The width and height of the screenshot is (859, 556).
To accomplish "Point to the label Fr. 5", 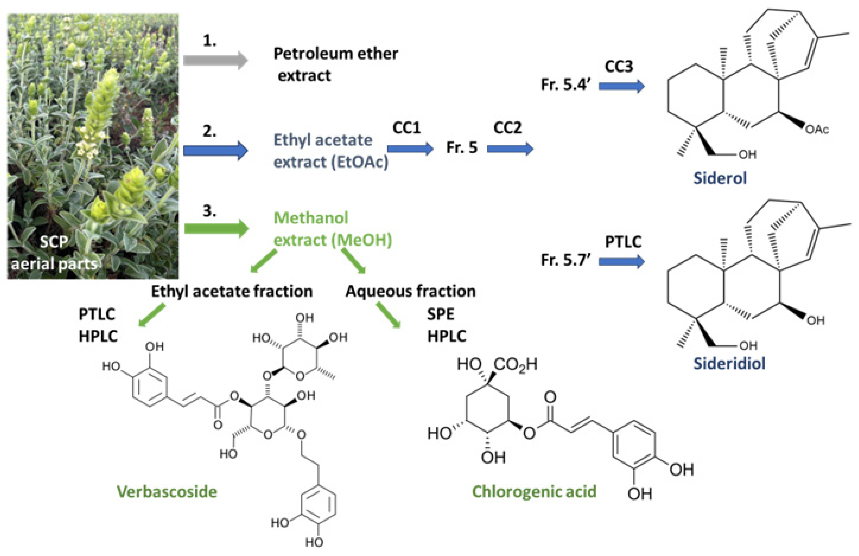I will pos(462,148).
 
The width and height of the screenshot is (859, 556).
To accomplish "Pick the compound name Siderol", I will pos(720,178).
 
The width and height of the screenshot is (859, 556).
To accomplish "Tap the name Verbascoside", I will pos(167,492).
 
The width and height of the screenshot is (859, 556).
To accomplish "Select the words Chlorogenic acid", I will pos(534,492).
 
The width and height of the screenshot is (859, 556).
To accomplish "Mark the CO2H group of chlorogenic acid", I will pos(515,364).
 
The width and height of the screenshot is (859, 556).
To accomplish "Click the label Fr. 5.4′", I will pos(565,85).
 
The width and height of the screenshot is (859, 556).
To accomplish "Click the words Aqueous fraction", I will pos(410,291).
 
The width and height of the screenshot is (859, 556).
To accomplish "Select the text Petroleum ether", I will pos(336,53).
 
